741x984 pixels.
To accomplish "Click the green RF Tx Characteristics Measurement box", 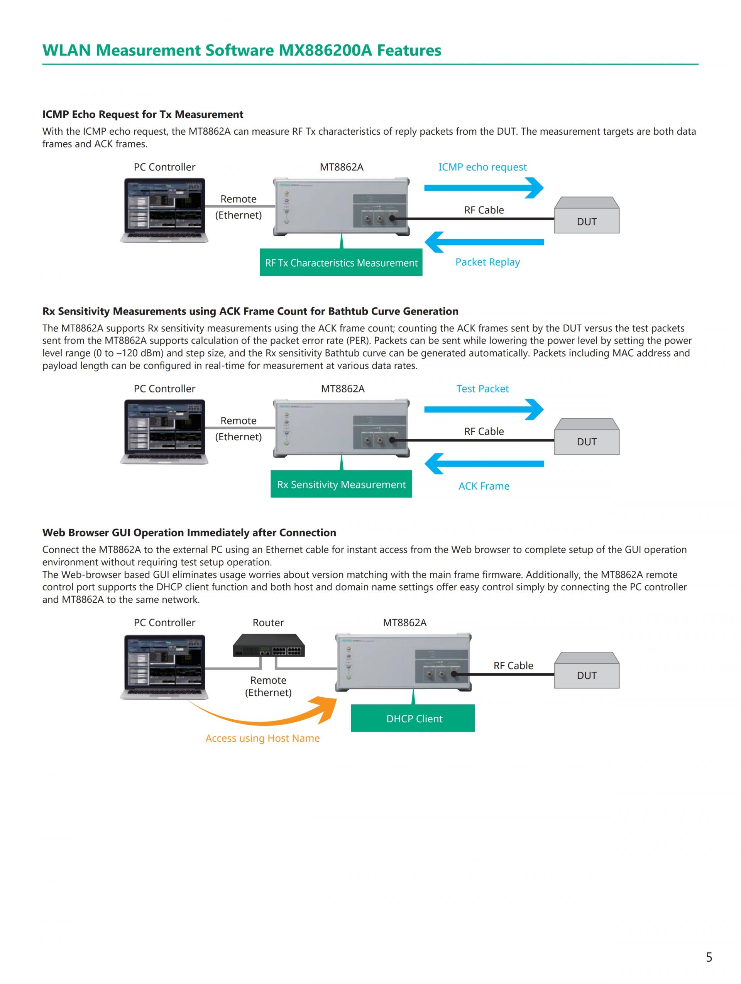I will tap(341, 262).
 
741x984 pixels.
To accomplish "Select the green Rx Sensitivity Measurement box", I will tap(341, 484).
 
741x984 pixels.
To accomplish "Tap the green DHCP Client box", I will tap(412, 718).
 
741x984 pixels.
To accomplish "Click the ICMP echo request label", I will tap(482, 167).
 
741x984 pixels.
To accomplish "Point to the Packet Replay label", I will tap(487, 262).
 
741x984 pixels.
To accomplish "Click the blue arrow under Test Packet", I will tap(484, 410).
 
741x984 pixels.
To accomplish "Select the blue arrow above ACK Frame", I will tap(484, 463).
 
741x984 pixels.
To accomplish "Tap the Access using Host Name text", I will tap(262, 738).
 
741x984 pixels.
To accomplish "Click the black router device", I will tap(269, 646).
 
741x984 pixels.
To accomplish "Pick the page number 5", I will tap(709, 957).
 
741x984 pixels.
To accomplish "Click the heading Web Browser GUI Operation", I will tap(189, 533).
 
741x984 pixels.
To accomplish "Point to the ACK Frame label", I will tap(484, 486).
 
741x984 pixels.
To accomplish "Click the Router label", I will tap(268, 622).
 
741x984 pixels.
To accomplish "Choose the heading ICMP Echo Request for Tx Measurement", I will tap(142, 114).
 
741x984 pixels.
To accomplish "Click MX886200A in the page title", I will tap(325, 50).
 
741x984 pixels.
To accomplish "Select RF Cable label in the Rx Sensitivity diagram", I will tap(484, 431).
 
